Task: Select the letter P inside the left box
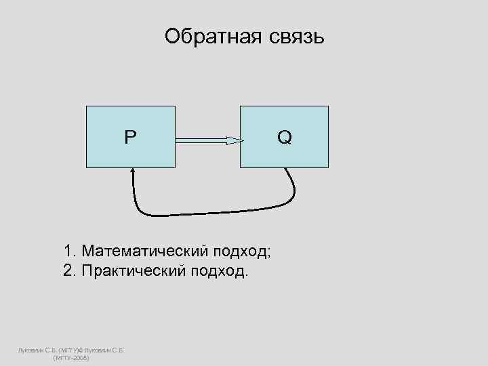coord(129,138)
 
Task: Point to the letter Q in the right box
coord(285,138)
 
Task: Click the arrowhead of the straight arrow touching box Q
coord(234,141)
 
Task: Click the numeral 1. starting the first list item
coord(70,251)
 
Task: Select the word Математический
coord(145,251)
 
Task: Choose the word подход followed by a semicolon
coord(241,251)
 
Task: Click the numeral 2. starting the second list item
coord(70,271)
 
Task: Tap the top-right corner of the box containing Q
coord(328,106)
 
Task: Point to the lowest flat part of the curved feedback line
coord(203,213)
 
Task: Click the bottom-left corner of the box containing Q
coord(241,167)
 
